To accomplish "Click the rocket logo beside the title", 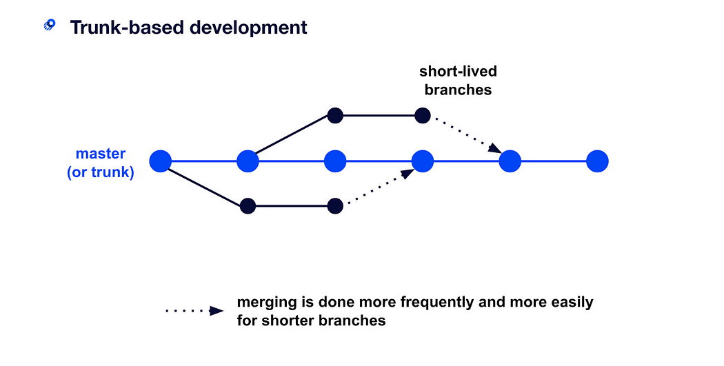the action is [x=50, y=25].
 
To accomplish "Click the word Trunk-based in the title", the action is [x=125, y=28].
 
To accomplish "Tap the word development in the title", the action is [x=248, y=28].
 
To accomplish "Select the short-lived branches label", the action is [x=458, y=81].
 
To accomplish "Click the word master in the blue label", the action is [x=101, y=153].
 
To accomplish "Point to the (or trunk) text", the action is [x=101, y=172].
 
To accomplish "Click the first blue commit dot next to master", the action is [x=160, y=161].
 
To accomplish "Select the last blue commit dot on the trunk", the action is [x=598, y=161].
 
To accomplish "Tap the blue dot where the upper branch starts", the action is [x=248, y=161].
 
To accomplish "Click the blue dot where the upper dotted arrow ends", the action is [x=510, y=161].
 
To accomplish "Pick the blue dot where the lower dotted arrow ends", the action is [x=423, y=161].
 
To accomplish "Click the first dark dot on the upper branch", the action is [x=335, y=115].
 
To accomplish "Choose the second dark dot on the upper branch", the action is [x=423, y=115].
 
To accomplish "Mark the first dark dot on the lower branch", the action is [x=248, y=206].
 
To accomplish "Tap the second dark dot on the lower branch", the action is [x=335, y=206].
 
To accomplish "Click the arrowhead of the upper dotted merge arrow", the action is [x=496, y=149].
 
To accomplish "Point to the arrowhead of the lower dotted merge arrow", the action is [x=408, y=174].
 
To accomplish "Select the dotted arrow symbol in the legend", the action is [x=194, y=311].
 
